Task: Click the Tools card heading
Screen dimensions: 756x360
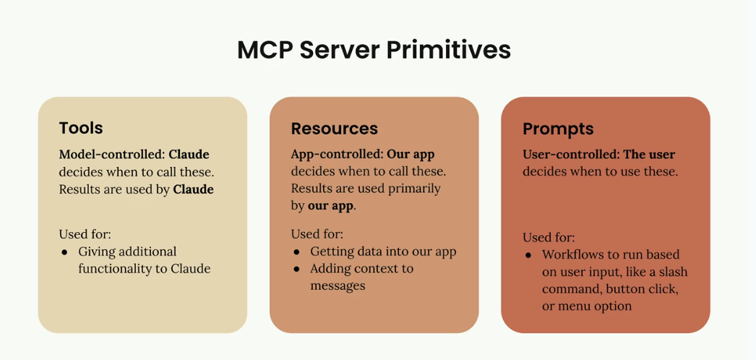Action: point(81,128)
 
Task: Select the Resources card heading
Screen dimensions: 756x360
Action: point(334,128)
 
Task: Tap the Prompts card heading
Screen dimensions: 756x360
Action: point(558,129)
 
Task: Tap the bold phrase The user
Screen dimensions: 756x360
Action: point(650,155)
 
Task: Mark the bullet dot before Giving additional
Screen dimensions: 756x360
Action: point(64,252)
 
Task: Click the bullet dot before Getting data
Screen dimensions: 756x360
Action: point(296,252)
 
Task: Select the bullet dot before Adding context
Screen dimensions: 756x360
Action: point(296,269)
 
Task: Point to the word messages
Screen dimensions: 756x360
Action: point(338,286)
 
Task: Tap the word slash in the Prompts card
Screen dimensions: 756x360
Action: point(673,272)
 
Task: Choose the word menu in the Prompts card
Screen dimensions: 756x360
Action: point(572,307)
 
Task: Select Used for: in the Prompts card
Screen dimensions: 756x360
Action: point(549,238)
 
